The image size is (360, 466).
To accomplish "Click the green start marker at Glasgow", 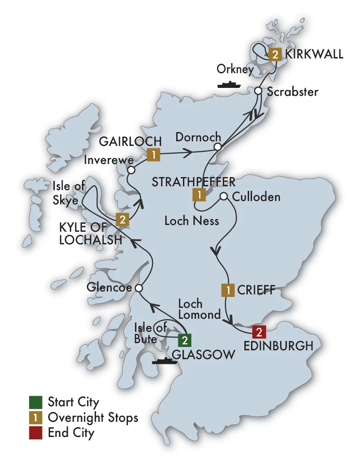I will (x=184, y=339).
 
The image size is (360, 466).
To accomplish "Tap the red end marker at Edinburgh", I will (x=259, y=332).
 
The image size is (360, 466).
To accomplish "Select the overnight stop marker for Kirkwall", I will (x=274, y=54).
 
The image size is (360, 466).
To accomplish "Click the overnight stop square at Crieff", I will (x=228, y=290).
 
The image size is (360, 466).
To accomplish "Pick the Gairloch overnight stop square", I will (x=154, y=155).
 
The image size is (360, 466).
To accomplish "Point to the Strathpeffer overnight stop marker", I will (x=199, y=194).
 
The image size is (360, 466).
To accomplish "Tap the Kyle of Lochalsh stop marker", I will (x=122, y=219).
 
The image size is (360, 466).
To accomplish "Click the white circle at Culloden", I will (x=224, y=196).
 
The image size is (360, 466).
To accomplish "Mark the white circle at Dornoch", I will (x=217, y=147).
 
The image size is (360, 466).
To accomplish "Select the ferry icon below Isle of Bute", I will (x=164, y=360).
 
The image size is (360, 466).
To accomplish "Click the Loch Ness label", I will (x=192, y=220).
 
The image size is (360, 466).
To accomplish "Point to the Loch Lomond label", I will (x=199, y=309).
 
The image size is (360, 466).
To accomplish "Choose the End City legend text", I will (x=71, y=432).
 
